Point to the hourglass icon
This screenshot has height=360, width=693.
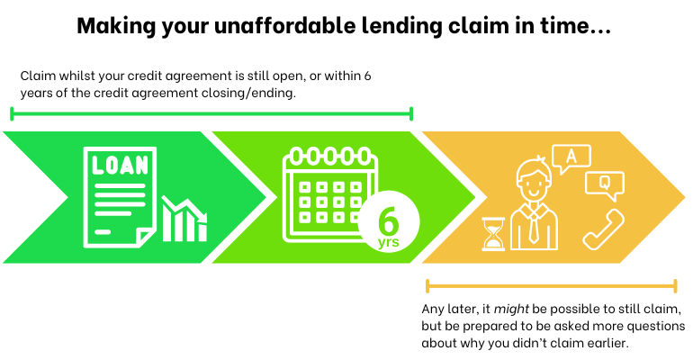(493, 232)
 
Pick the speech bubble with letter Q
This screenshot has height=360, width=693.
(604, 184)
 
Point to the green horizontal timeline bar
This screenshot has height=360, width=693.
(211, 113)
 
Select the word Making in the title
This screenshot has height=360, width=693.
(112, 26)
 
